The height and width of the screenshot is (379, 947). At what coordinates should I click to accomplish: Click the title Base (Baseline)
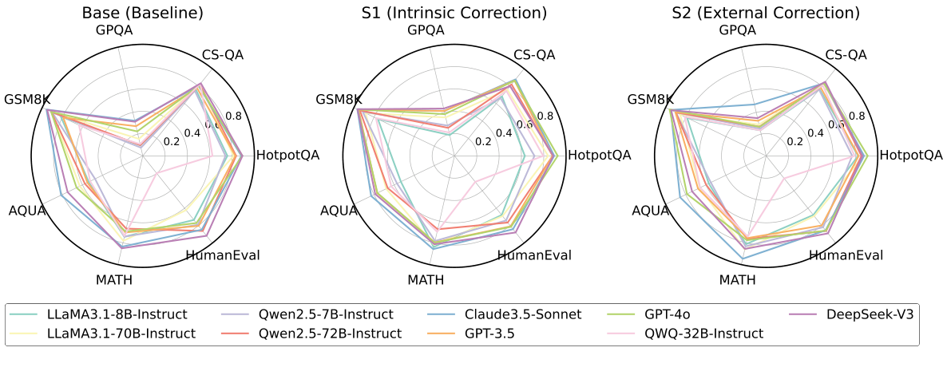[x=143, y=13]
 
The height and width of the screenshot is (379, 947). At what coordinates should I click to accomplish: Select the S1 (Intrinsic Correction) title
[x=454, y=13]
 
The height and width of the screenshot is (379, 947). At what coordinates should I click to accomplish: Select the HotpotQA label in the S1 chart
[x=599, y=155]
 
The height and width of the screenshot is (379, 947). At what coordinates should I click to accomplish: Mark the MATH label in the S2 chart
[x=737, y=280]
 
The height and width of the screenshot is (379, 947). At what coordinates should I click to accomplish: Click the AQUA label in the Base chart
[x=27, y=211]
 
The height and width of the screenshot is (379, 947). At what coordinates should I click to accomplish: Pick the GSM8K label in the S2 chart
[x=650, y=100]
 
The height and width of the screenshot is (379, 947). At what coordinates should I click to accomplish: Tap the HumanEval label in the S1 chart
[x=534, y=255]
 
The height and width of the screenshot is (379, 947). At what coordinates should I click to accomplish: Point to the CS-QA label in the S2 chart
[x=845, y=55]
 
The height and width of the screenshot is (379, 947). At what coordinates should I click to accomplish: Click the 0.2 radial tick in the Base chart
[x=172, y=142]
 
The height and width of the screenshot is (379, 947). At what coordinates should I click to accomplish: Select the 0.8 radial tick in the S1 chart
[x=545, y=116]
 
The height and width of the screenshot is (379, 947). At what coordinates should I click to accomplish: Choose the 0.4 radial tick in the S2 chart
[x=815, y=132]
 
